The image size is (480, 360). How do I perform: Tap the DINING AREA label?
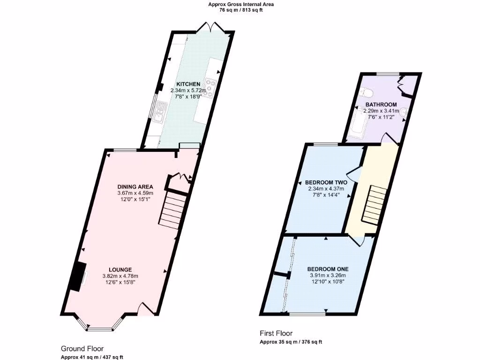(x=135, y=187)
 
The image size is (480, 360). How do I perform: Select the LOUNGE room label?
(x=120, y=270)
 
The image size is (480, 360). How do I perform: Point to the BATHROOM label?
(x=381, y=105)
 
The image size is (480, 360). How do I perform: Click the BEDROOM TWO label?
(x=326, y=182)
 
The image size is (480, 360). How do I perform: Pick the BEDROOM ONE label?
(x=328, y=269)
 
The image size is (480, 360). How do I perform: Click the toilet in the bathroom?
(x=367, y=90)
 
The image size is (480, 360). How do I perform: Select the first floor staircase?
(x=373, y=204)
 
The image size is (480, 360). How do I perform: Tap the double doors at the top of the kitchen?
(x=210, y=27)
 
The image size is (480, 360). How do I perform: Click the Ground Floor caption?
(x=82, y=349)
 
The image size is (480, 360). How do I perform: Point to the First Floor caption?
(x=276, y=334)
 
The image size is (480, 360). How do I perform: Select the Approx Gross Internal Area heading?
(x=241, y=5)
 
